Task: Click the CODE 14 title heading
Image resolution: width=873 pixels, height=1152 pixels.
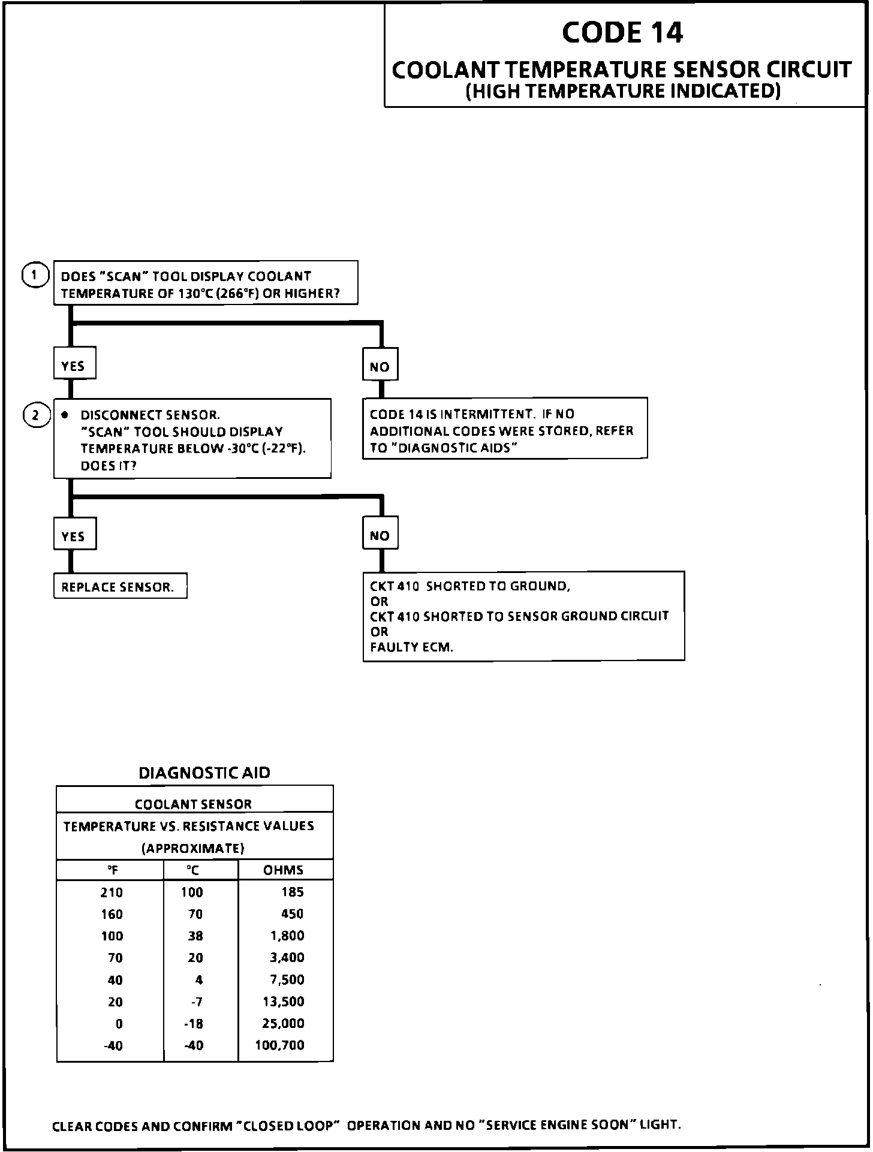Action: point(622,32)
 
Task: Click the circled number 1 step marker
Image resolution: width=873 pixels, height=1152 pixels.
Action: point(35,276)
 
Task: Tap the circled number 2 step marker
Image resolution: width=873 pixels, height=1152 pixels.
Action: point(35,415)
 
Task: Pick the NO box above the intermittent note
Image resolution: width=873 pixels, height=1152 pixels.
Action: point(380,366)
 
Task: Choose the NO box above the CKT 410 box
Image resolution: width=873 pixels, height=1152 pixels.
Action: point(380,535)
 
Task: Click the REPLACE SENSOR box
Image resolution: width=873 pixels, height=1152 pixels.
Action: point(118,587)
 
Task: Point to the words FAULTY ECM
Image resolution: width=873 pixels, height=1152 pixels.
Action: point(411,647)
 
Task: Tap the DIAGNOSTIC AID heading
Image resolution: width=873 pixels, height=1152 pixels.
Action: point(204,773)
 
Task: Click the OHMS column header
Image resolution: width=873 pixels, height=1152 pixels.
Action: point(283,870)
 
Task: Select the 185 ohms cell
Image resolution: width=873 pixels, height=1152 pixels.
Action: point(292,892)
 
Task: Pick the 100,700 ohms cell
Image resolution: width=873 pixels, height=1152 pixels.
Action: point(279,1045)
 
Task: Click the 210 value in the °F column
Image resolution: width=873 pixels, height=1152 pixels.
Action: point(112,892)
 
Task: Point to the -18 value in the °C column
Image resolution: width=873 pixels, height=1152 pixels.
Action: point(194,1024)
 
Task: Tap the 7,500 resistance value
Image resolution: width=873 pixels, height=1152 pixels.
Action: point(287,980)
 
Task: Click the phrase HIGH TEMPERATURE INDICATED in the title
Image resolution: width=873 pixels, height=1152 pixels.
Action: point(624,91)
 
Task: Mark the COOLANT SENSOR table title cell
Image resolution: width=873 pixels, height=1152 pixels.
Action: point(193,804)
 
